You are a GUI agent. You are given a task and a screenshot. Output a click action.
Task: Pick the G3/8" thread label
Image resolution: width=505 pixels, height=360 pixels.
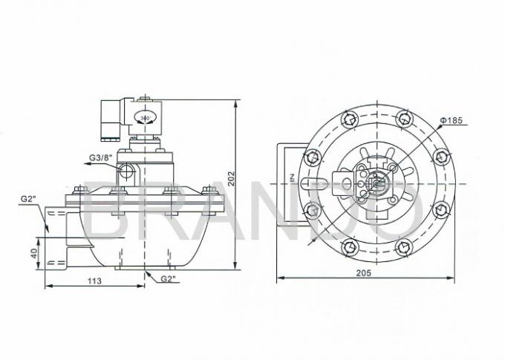coord(100,157)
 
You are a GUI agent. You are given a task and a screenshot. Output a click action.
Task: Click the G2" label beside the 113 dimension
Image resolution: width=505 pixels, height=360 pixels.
coord(169,279)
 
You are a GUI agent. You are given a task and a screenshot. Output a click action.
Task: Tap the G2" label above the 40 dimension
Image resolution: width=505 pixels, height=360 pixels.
coord(28,199)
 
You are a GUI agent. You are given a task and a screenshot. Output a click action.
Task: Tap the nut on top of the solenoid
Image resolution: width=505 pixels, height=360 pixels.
coord(144,97)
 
